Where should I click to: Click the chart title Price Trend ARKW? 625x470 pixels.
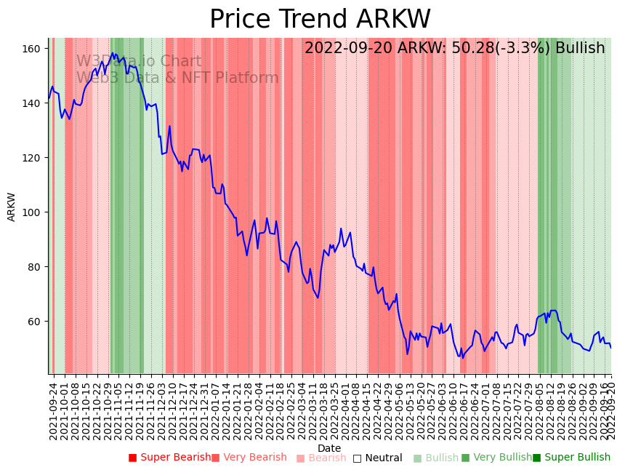click(320, 20)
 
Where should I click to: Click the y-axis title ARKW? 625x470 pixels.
click(12, 207)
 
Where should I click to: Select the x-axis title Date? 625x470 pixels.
click(329, 448)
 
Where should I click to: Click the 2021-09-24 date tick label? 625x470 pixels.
click(53, 411)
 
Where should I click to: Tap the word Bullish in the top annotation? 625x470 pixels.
click(580, 49)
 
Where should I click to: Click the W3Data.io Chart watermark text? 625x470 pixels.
click(139, 61)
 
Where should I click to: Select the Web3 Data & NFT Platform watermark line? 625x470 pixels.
click(177, 78)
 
